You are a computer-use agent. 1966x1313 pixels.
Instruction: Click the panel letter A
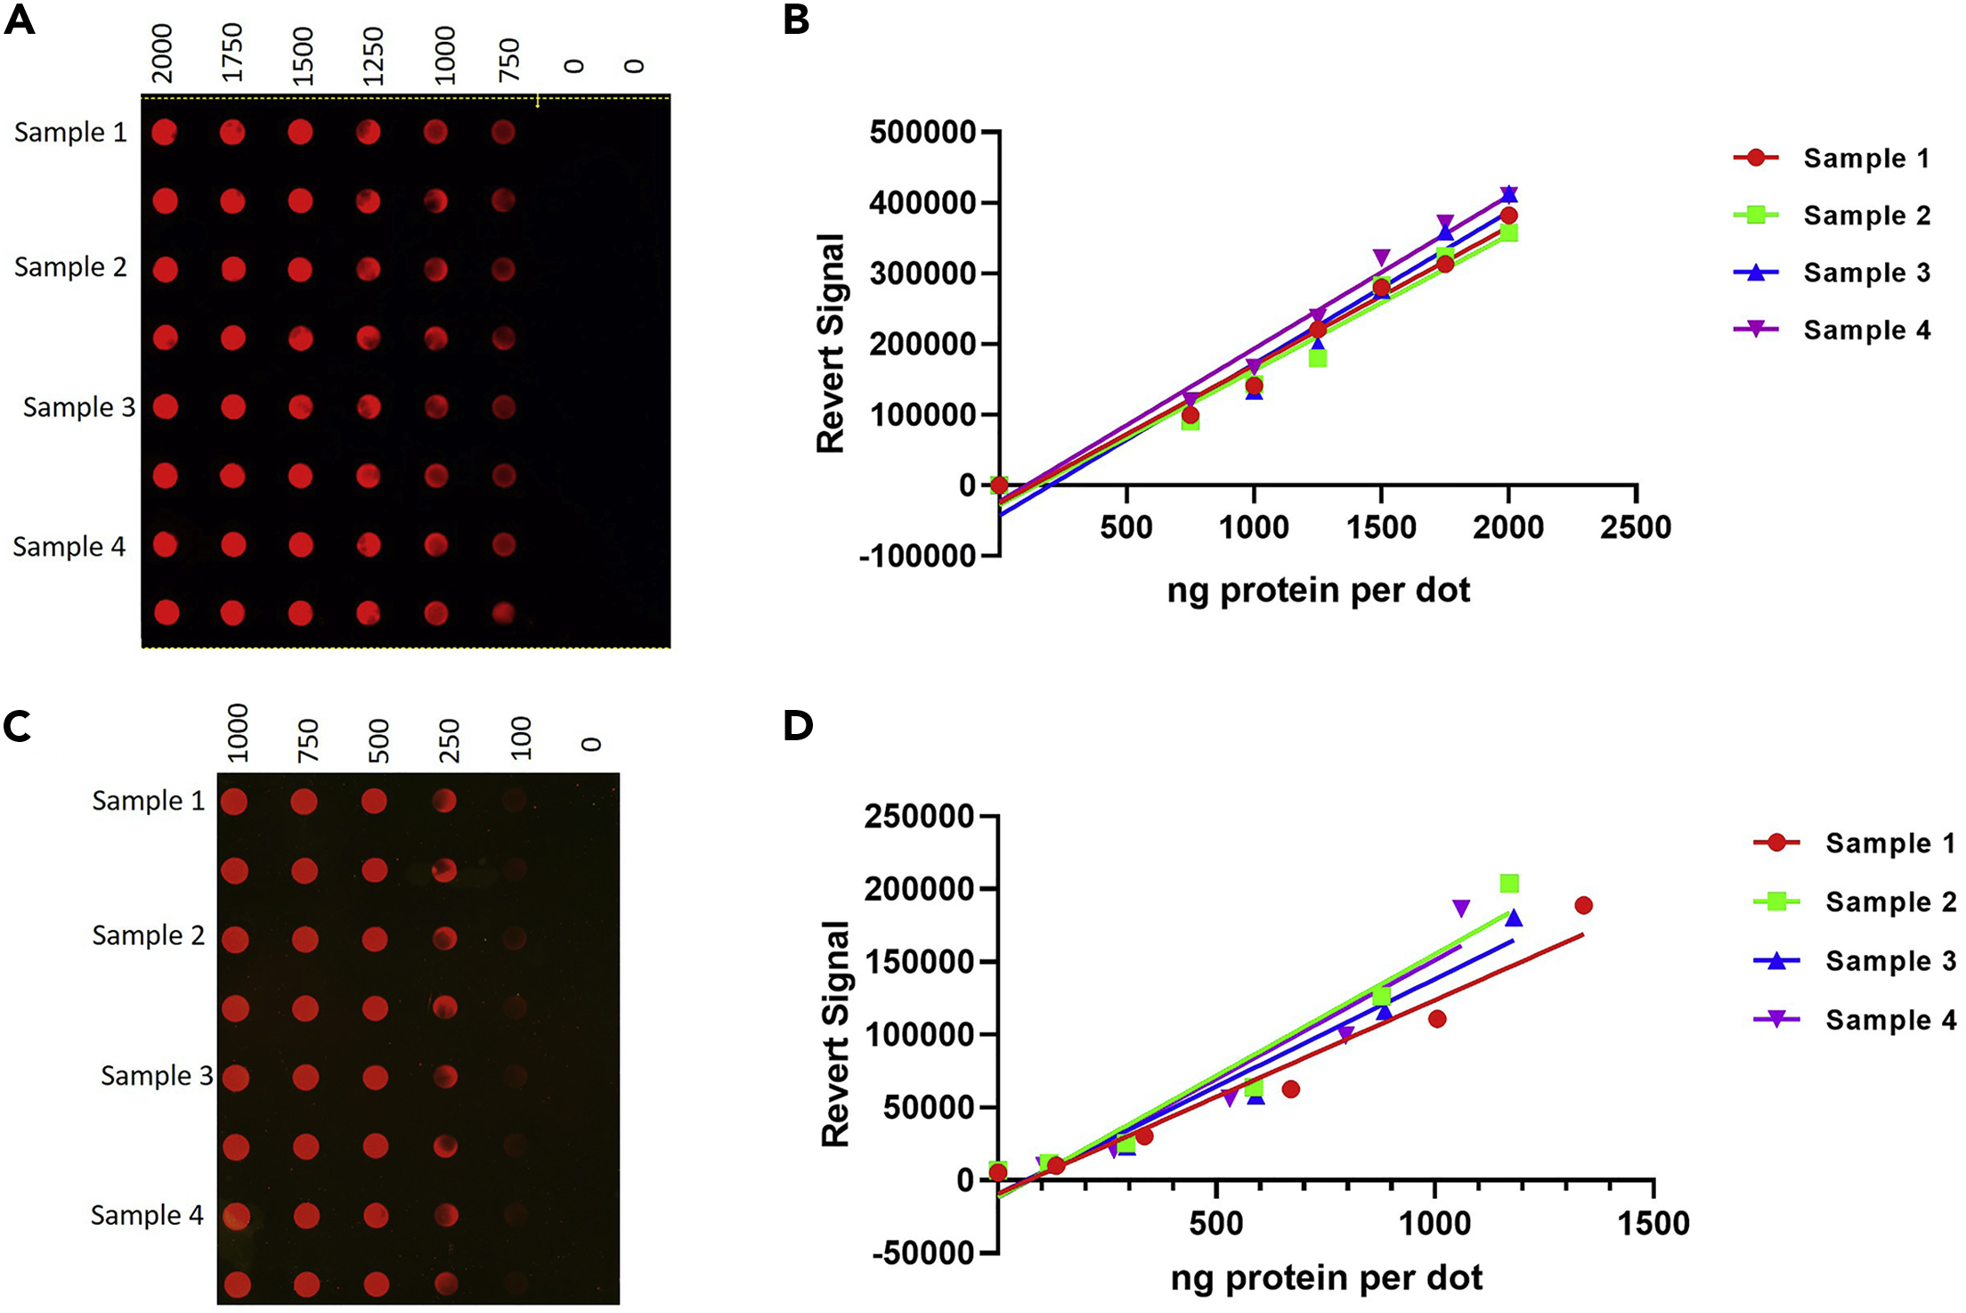[x=20, y=19]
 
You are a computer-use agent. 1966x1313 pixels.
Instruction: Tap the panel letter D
[x=798, y=725]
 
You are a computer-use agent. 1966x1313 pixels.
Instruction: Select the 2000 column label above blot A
[x=162, y=53]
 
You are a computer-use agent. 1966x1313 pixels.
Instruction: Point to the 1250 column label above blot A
[x=373, y=56]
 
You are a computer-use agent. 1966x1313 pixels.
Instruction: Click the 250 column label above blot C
[x=450, y=740]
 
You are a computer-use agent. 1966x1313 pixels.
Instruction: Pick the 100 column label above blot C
[x=521, y=738]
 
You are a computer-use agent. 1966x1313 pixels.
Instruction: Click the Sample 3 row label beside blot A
[x=79, y=407]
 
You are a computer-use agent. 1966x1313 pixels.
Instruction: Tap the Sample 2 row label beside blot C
[x=148, y=935]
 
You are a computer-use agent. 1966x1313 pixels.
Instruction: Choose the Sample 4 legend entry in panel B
[x=1866, y=330]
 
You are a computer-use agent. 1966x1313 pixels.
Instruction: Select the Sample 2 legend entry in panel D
[x=1890, y=901]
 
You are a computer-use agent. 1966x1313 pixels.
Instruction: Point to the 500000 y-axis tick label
[x=922, y=133]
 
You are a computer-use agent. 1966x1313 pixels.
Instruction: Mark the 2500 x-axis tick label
[x=1635, y=527]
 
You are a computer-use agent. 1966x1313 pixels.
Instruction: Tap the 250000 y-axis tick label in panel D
[x=919, y=816]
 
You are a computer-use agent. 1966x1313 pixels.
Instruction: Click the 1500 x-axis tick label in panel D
[x=1653, y=1223]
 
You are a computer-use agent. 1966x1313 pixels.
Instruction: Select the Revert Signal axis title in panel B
[x=831, y=344]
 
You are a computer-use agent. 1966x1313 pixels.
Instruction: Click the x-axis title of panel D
[x=1326, y=1277]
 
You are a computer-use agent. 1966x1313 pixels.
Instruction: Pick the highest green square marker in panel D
[x=1509, y=884]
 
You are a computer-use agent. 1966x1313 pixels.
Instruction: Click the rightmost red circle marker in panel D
[x=1583, y=905]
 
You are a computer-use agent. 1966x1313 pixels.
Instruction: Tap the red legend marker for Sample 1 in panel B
[x=1756, y=158]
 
